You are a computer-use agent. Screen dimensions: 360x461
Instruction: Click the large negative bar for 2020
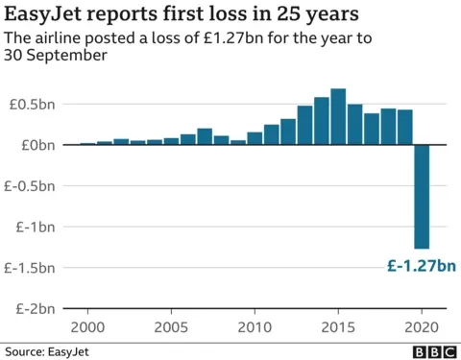[422, 196]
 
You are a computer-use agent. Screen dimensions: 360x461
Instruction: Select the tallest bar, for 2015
[338, 117]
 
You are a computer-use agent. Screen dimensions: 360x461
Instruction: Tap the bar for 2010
[255, 138]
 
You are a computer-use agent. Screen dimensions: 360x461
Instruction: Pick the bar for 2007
[205, 136]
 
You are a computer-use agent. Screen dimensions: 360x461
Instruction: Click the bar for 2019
[405, 127]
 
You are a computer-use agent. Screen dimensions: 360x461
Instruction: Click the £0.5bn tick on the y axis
[31, 104]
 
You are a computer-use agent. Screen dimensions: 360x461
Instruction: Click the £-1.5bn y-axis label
[29, 268]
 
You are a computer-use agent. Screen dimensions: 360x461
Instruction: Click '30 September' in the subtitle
[55, 56]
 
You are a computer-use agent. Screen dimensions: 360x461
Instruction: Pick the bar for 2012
[288, 132]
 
